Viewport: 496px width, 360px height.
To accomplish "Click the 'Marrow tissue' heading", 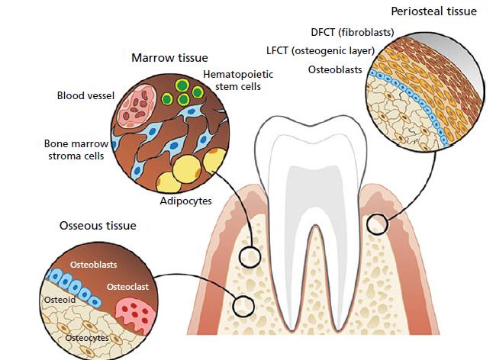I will click(x=169, y=58).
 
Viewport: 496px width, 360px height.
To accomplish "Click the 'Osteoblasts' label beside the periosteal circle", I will click(x=336, y=70).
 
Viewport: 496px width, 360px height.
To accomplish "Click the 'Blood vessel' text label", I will click(x=85, y=96).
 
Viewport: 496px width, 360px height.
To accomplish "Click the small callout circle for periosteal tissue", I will click(x=375, y=224).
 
